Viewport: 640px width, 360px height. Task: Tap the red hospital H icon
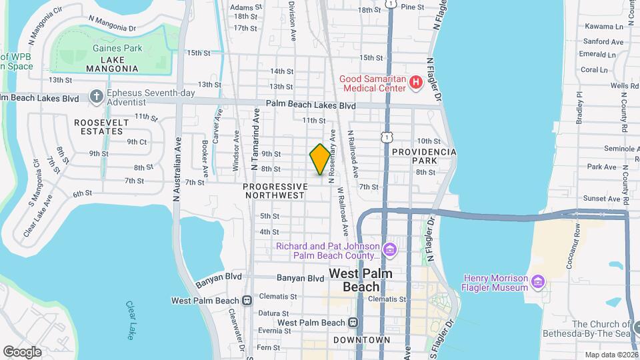pyautogui.click(x=416, y=83)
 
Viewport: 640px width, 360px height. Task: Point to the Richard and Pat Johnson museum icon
pyautogui.click(x=390, y=251)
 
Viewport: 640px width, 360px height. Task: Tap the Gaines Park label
pyautogui.click(x=117, y=49)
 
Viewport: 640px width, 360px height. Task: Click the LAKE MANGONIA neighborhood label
pyautogui.click(x=112, y=63)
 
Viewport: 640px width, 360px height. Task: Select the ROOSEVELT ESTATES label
pyautogui.click(x=99, y=127)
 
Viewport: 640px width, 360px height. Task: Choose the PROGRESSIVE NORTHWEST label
pyautogui.click(x=275, y=191)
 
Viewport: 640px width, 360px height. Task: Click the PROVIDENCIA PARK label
pyautogui.click(x=424, y=156)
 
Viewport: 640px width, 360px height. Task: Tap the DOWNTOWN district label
pyautogui.click(x=361, y=340)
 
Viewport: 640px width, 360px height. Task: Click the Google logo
pyautogui.click(x=22, y=351)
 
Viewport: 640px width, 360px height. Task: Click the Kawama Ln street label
pyautogui.click(x=607, y=27)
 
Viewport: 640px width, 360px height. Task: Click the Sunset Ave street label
pyautogui.click(x=602, y=199)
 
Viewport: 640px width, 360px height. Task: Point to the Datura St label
pyautogui.click(x=274, y=313)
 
